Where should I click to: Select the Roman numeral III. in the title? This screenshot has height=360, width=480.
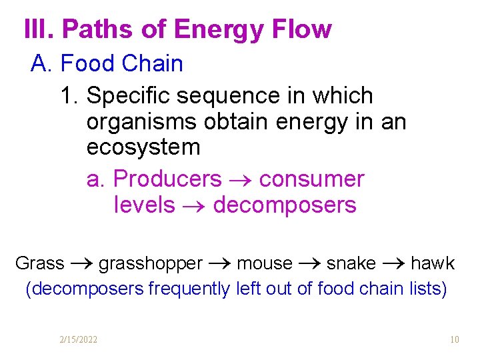[40, 29]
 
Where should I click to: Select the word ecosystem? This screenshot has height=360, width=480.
[143, 147]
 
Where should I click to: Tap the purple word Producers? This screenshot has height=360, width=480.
[167, 179]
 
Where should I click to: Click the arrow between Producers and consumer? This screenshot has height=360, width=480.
[240, 179]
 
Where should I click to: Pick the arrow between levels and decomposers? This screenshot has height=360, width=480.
[194, 205]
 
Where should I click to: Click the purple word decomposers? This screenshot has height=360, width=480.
[285, 205]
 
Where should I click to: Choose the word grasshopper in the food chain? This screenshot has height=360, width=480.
[151, 263]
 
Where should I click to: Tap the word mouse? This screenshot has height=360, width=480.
[264, 263]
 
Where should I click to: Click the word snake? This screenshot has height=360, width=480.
[351, 263]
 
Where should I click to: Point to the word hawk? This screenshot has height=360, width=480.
[433, 263]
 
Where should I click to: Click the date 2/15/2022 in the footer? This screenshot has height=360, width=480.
[78, 340]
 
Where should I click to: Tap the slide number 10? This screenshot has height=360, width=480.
[455, 340]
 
